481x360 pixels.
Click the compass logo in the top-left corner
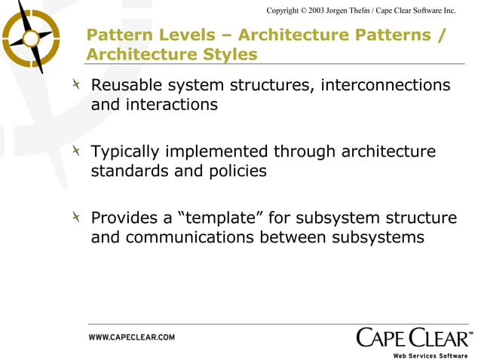pos(31,35)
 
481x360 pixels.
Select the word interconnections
pos(385,85)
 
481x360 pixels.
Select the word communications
pos(189,237)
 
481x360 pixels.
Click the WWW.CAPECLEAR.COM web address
pos(132,337)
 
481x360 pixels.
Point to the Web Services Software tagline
pos(430,355)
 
